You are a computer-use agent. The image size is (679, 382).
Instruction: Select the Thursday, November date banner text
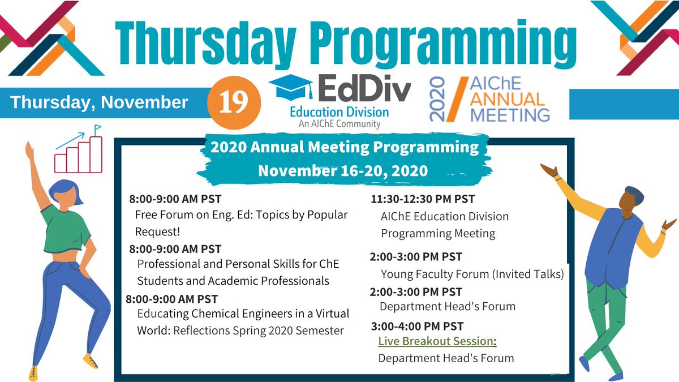point(100,102)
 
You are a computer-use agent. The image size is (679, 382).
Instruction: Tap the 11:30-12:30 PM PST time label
point(423,199)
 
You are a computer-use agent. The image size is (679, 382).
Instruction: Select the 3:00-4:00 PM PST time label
point(418,326)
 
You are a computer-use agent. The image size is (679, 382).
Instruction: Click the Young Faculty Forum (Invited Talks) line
point(472,274)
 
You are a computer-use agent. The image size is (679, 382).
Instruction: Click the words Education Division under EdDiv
point(339,111)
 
